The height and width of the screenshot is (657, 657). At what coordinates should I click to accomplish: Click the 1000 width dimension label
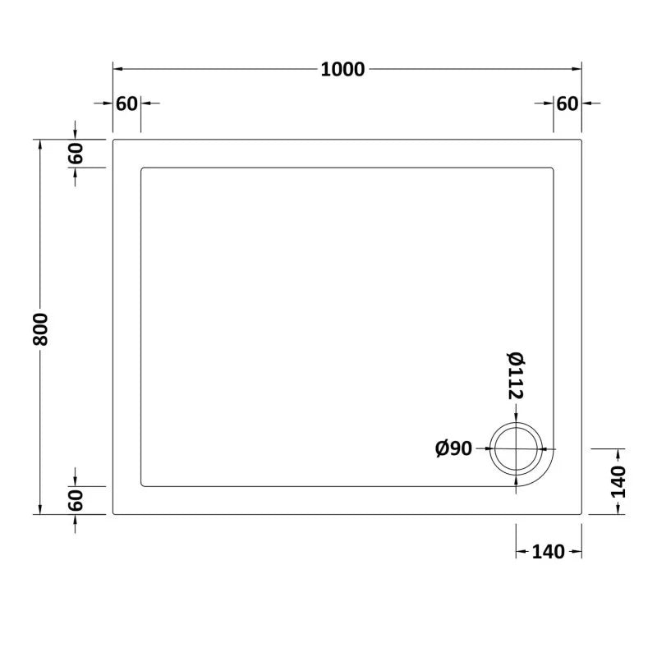(342, 70)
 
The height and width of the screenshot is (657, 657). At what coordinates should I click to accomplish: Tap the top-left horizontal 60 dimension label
(126, 103)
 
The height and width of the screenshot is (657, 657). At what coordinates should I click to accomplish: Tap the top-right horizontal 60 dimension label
(567, 103)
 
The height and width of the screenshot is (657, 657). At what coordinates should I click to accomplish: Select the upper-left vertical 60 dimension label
(75, 154)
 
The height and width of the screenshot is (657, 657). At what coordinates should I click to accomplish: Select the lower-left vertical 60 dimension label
(75, 500)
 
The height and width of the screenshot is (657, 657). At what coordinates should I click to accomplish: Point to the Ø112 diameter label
(516, 376)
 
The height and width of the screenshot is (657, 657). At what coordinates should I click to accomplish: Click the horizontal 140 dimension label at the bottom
(549, 552)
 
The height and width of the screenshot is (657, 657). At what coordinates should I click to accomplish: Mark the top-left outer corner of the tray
(113, 140)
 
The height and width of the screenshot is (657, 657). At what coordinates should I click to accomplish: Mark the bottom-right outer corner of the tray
(581, 514)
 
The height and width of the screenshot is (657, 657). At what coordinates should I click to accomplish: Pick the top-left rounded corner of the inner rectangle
(145, 170)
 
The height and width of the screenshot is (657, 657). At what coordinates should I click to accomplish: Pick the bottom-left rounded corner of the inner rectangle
(145, 484)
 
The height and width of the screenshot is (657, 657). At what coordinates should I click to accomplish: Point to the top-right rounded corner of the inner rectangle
(551, 170)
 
